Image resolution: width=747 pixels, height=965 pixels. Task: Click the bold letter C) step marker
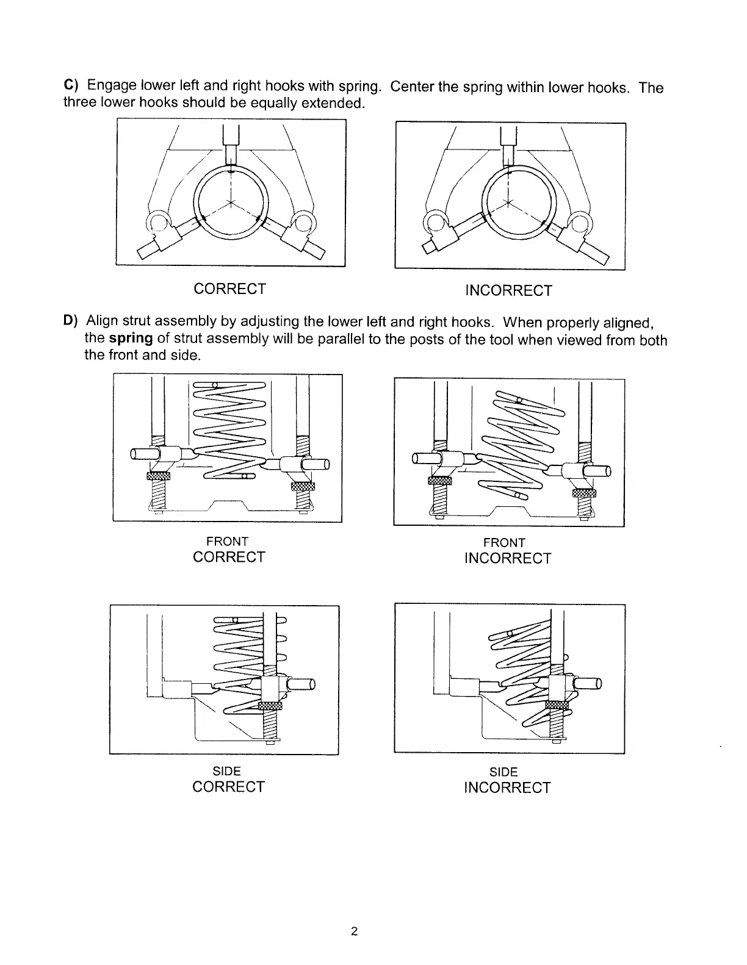[x=69, y=87]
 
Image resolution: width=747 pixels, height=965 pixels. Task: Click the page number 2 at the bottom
[x=354, y=932]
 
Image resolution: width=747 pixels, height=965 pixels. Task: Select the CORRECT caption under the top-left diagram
[x=229, y=289]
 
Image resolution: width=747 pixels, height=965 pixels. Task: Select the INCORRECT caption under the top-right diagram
[x=508, y=291]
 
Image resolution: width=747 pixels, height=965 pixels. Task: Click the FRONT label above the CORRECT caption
[x=227, y=542]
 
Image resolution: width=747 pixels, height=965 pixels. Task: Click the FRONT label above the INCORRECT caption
[x=504, y=543]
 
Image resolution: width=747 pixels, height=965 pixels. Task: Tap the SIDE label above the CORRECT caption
[x=228, y=772]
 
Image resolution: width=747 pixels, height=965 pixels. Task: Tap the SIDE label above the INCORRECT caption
[x=504, y=773]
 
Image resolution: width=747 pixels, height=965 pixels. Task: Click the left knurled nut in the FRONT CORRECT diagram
[x=157, y=476]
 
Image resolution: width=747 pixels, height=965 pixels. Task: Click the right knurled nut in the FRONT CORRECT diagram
[x=302, y=486]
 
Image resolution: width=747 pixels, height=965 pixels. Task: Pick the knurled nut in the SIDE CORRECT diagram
[x=270, y=706]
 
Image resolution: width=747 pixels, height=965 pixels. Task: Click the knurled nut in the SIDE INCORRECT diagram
[x=557, y=705]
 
